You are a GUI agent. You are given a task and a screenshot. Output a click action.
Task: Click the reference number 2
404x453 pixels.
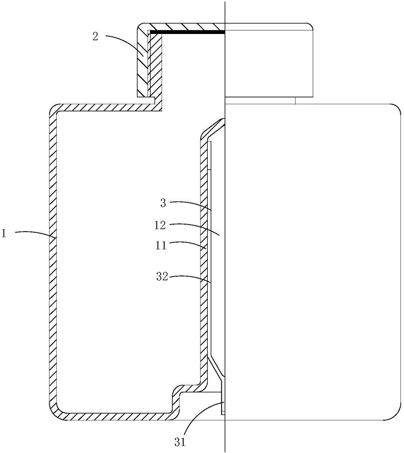(x=95, y=37)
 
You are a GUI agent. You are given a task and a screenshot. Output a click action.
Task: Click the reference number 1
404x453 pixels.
(x=4, y=233)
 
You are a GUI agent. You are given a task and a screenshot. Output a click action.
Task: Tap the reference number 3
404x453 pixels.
(x=163, y=203)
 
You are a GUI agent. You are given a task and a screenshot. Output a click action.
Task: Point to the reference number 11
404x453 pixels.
(x=161, y=246)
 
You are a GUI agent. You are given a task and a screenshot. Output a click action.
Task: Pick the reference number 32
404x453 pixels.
(x=162, y=277)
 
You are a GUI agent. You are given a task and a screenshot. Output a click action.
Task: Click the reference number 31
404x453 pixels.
(x=180, y=443)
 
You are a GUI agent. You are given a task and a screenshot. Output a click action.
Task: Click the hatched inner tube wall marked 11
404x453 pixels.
(x=204, y=260)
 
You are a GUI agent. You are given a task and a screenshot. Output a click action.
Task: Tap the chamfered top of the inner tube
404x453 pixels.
(x=213, y=129)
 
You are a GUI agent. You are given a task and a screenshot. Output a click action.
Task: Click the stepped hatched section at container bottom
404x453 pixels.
(x=185, y=399)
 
